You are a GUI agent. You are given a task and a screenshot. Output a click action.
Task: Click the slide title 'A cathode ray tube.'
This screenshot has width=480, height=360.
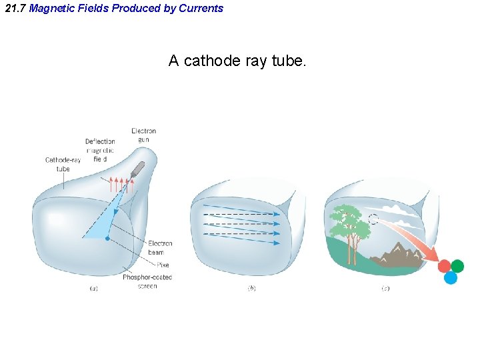point(237,61)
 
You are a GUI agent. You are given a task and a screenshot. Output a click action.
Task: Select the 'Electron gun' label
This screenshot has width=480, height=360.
point(143,135)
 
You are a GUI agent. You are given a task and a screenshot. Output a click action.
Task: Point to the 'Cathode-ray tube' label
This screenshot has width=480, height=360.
point(63,164)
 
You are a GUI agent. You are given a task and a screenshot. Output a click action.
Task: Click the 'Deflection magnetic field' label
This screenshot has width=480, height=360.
point(100,151)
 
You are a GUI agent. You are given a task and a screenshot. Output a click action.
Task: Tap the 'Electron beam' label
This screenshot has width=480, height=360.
point(160,248)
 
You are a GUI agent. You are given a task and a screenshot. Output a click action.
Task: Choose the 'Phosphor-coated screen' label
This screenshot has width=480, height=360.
point(147,281)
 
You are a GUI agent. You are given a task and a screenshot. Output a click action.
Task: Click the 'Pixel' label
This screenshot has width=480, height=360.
point(163,265)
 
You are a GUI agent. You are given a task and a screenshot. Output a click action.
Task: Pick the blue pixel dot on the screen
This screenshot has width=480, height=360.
point(108,237)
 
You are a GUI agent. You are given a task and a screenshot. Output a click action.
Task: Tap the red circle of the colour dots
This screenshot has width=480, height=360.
point(444,267)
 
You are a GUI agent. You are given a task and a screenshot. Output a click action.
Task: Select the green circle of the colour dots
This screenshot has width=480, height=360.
point(457,266)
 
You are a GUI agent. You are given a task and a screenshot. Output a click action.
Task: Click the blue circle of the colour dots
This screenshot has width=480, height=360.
point(451,278)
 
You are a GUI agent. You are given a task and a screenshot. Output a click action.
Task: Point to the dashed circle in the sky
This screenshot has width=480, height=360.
point(373,219)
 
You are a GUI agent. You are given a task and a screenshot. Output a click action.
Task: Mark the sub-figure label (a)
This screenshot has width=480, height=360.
point(94,289)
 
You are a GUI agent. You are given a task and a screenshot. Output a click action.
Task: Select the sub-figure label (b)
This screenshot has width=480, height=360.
point(252,289)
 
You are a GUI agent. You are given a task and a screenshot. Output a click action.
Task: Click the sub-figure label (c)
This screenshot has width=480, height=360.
point(385,289)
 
